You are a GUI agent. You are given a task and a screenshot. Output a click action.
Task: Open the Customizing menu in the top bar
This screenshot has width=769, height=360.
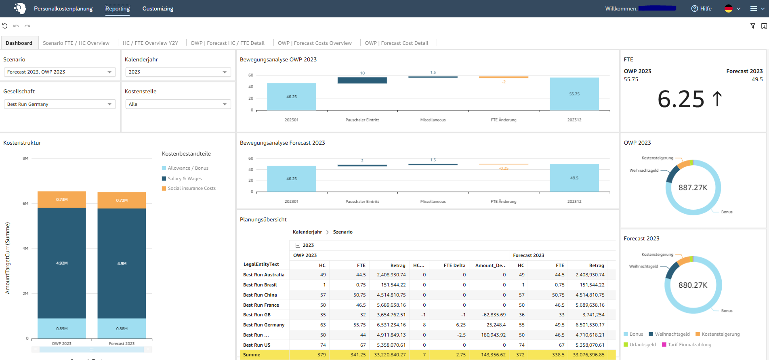[158, 8]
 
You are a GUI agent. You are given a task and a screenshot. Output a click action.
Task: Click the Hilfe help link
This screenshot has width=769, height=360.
[702, 8]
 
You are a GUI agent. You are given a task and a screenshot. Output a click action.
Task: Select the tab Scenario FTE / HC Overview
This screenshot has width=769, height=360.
[76, 43]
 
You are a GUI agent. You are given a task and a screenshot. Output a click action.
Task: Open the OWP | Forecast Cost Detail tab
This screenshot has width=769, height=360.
[396, 43]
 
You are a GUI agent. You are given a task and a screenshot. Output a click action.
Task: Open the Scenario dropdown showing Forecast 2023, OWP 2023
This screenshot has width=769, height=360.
[59, 72]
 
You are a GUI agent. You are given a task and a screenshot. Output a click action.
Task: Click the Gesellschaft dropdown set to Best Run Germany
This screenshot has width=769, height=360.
[59, 104]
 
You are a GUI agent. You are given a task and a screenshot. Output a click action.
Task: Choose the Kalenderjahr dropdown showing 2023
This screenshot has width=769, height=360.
[178, 72]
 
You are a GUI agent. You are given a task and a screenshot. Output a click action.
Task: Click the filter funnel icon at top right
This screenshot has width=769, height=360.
[753, 26]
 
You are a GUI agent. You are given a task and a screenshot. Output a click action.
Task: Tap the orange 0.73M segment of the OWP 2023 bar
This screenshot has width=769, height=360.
[62, 200]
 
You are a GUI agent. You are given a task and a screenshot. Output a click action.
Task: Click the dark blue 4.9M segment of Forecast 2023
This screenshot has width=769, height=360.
[122, 263]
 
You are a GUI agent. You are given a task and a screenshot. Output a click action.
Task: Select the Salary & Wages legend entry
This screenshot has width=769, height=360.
[185, 179]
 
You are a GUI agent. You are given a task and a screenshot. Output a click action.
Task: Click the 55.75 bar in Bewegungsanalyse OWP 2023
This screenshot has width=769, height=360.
[574, 94]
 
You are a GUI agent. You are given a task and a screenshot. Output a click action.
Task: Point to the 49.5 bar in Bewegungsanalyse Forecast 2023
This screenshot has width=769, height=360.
[574, 178]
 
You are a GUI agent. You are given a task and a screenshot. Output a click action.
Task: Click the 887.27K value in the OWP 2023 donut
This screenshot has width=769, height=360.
[693, 187]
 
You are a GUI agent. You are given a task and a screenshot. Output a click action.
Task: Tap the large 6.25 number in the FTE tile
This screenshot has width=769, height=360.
[681, 99]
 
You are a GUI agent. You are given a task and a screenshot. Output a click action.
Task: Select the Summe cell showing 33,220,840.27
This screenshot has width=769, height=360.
[390, 355]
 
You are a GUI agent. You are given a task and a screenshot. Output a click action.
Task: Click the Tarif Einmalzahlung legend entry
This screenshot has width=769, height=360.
[689, 345]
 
